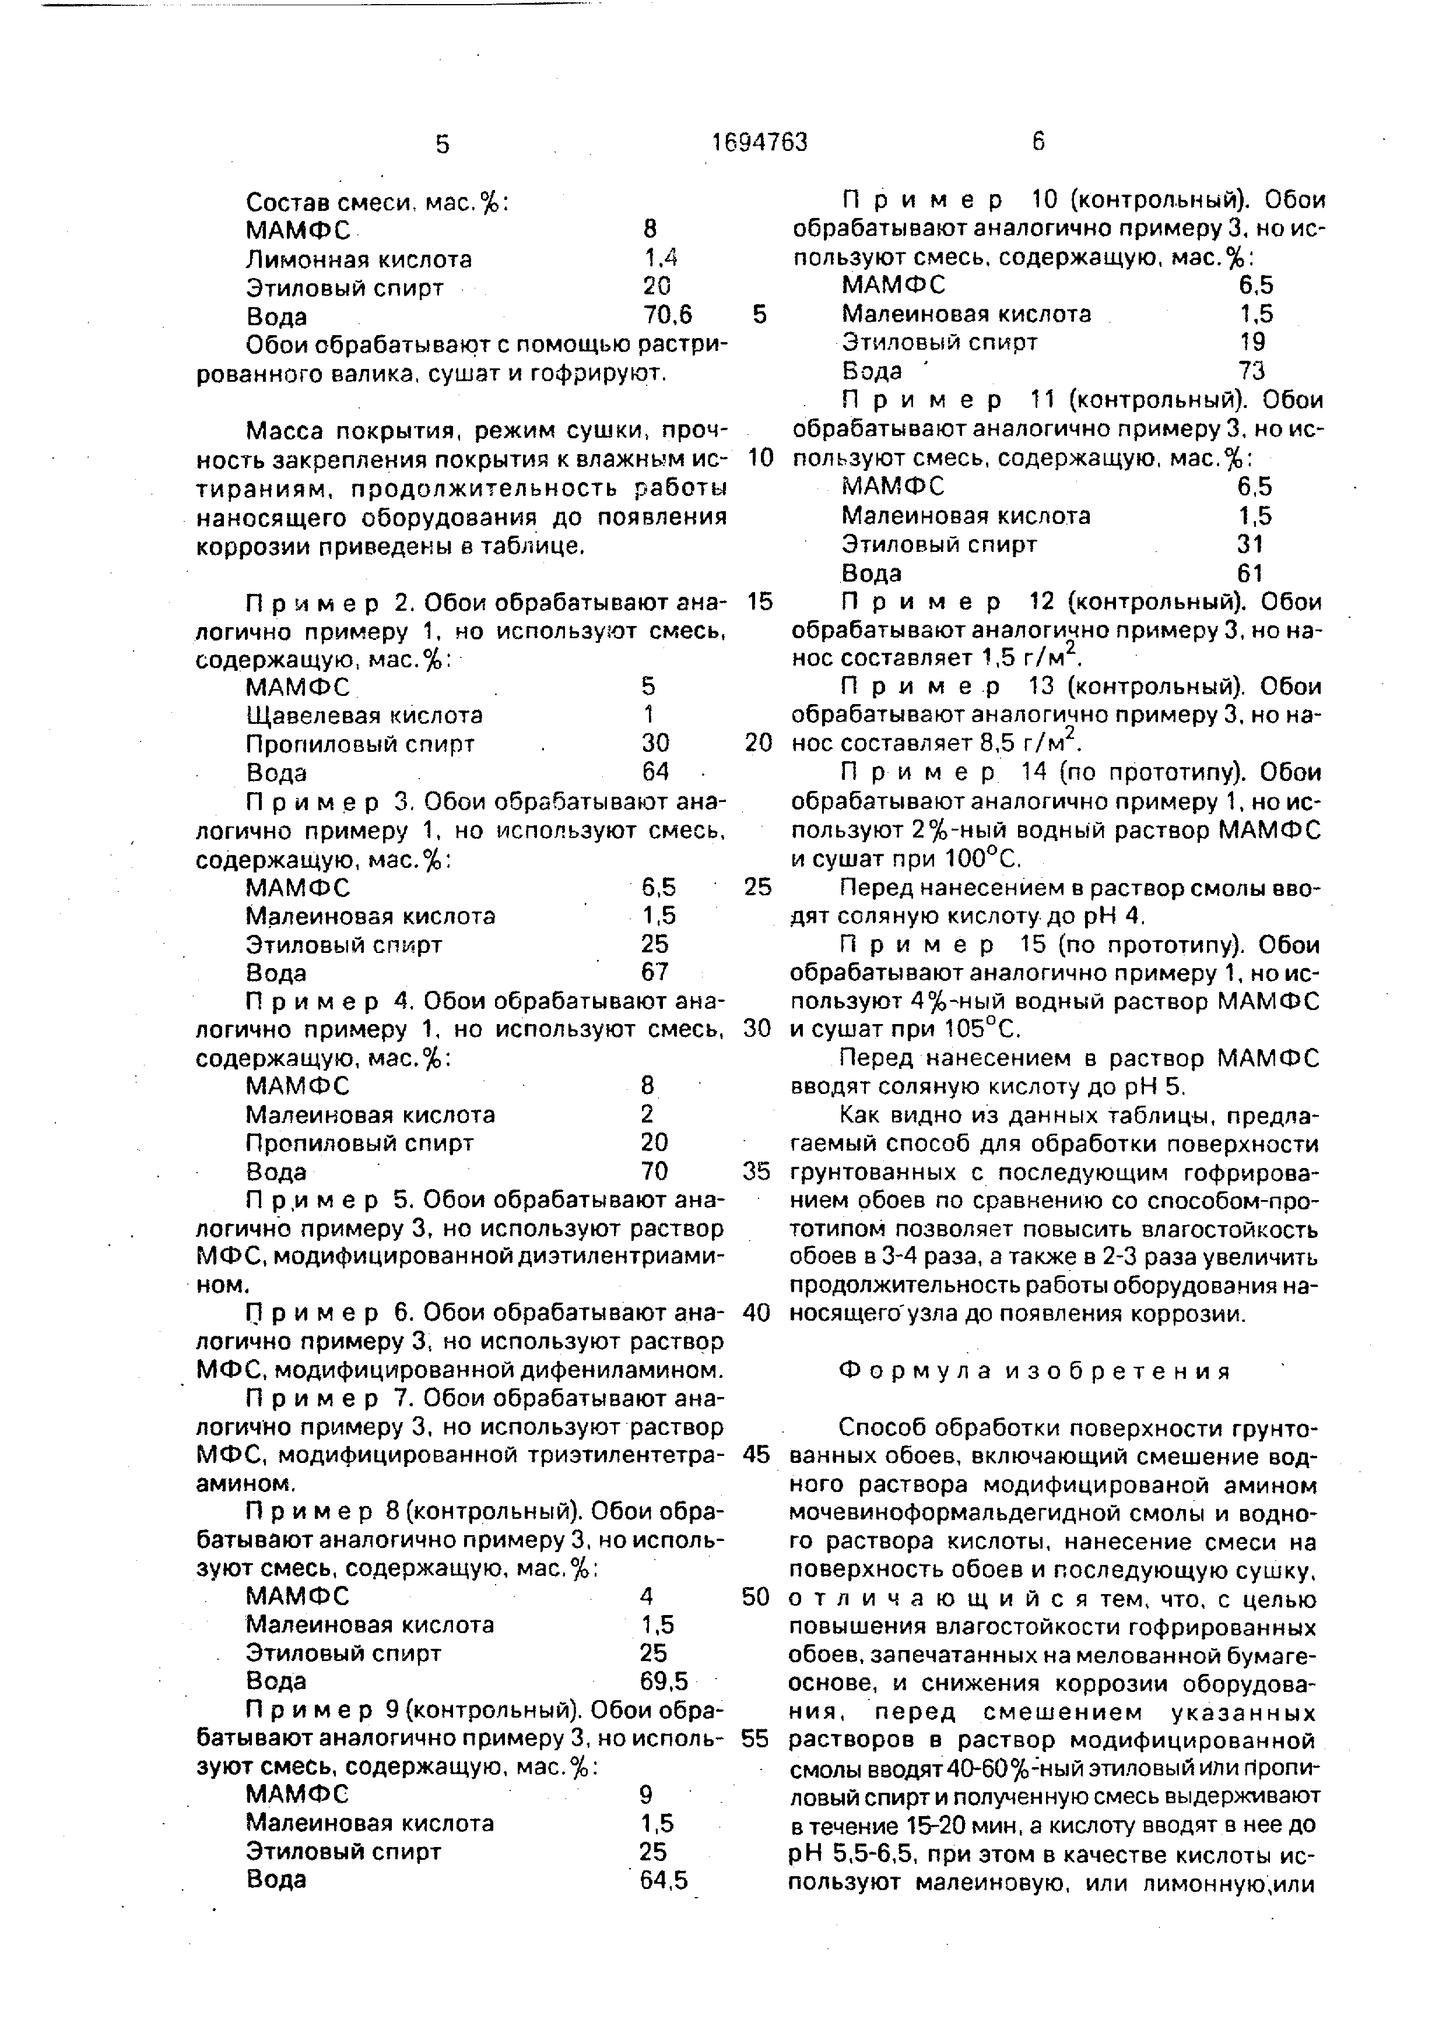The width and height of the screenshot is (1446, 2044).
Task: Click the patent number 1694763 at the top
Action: pos(760,142)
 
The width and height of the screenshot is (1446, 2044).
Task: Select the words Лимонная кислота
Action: pos(359,260)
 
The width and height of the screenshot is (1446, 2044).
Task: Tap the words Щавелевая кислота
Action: pos(364,715)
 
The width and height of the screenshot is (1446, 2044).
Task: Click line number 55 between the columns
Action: pos(755,1740)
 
